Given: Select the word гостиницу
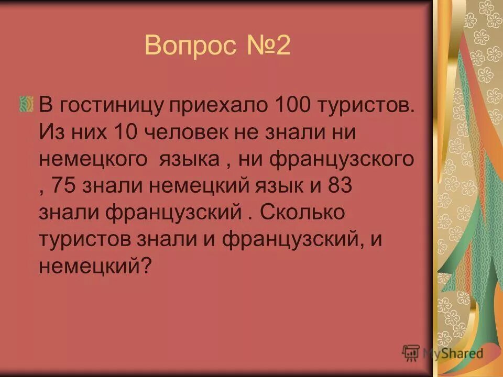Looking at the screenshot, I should pos(113,104).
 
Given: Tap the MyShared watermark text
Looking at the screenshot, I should pos(454,353).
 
